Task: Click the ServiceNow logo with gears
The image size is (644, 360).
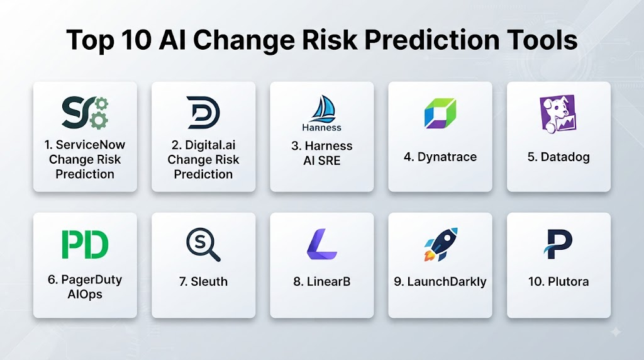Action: click(85, 113)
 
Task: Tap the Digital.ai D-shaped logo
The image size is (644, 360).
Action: click(203, 113)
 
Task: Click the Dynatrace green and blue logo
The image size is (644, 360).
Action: click(440, 113)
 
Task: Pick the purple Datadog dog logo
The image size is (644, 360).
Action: click(558, 114)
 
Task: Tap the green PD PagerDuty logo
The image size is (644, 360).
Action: click(85, 244)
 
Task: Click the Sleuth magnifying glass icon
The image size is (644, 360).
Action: click(203, 245)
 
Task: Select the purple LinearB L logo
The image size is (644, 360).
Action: click(322, 244)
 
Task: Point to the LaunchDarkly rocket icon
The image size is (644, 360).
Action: click(441, 244)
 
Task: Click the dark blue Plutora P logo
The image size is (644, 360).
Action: click(558, 244)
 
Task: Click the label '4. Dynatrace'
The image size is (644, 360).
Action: click(440, 157)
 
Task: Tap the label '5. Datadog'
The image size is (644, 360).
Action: click(558, 157)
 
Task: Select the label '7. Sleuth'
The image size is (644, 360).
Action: click(203, 281)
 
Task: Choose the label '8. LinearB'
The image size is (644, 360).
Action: click(322, 281)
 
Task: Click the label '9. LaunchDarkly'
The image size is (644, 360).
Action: click(440, 281)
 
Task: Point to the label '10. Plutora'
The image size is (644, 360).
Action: click(558, 281)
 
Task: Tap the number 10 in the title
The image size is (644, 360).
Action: click(136, 40)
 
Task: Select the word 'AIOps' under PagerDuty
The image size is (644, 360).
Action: click(85, 295)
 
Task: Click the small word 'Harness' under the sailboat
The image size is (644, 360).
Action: click(321, 127)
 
